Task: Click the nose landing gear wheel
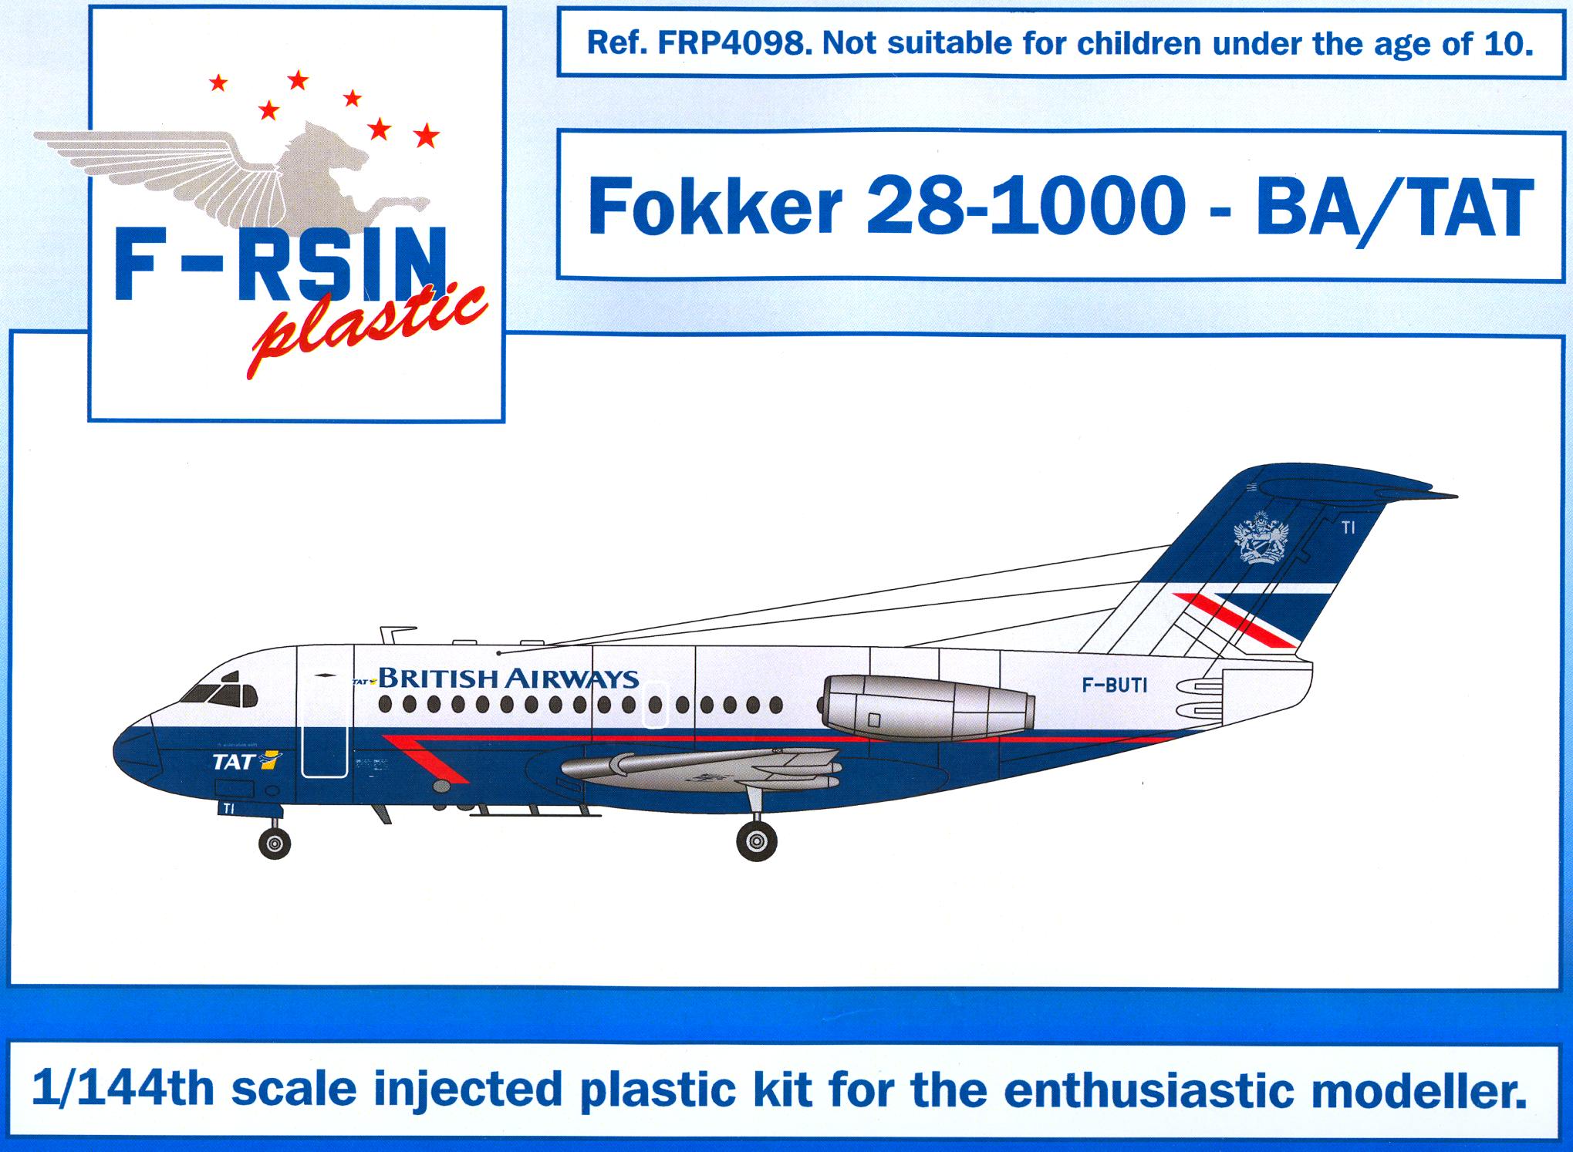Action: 275,843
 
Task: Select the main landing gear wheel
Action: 757,840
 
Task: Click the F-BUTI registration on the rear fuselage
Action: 1115,685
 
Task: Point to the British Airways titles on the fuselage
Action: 508,679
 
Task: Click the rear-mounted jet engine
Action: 926,706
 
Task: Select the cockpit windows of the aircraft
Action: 220,692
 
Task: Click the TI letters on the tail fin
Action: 1348,528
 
